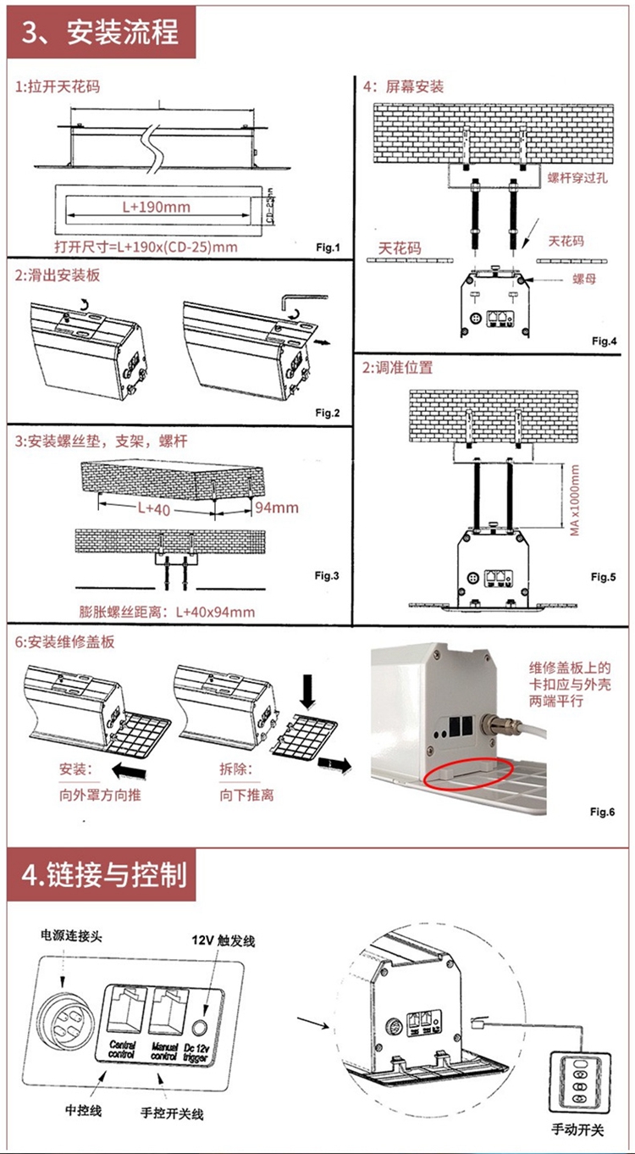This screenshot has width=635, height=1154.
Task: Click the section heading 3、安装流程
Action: [x=101, y=32]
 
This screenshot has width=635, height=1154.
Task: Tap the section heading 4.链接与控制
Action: [x=102, y=874]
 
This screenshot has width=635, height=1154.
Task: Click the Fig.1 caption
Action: [x=327, y=247]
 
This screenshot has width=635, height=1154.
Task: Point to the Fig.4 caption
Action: [x=605, y=341]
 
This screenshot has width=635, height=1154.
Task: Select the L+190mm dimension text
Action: [x=156, y=207]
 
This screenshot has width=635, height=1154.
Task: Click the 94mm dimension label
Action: [x=277, y=508]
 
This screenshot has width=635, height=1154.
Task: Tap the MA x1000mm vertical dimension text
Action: [x=575, y=499]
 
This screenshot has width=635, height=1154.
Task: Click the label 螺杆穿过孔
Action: [x=577, y=178]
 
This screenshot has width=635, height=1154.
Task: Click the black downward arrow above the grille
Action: [x=306, y=694]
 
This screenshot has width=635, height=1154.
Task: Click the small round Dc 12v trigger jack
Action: [x=202, y=1028]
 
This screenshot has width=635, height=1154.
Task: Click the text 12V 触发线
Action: [x=224, y=940]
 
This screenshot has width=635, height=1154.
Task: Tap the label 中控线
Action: [x=84, y=1110]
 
